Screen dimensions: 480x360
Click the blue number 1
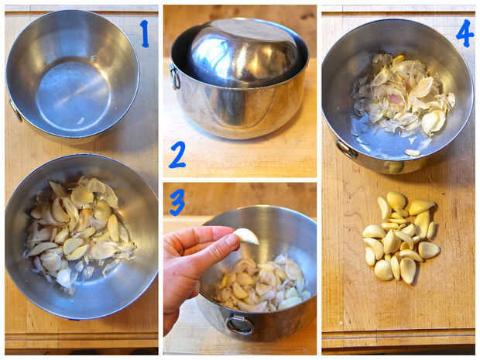point(145,33)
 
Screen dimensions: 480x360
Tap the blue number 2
point(177,155)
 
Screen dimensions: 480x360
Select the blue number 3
point(177,202)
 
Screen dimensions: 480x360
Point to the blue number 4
point(465,33)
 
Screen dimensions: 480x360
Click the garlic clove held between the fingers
point(247,237)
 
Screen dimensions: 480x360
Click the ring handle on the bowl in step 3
point(240,325)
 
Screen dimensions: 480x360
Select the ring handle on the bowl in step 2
point(175,77)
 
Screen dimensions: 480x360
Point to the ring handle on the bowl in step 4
point(347,149)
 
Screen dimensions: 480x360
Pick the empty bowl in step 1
point(73,75)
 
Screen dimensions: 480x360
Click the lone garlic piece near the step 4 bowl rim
point(413,153)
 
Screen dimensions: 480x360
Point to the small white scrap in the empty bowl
point(81,121)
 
